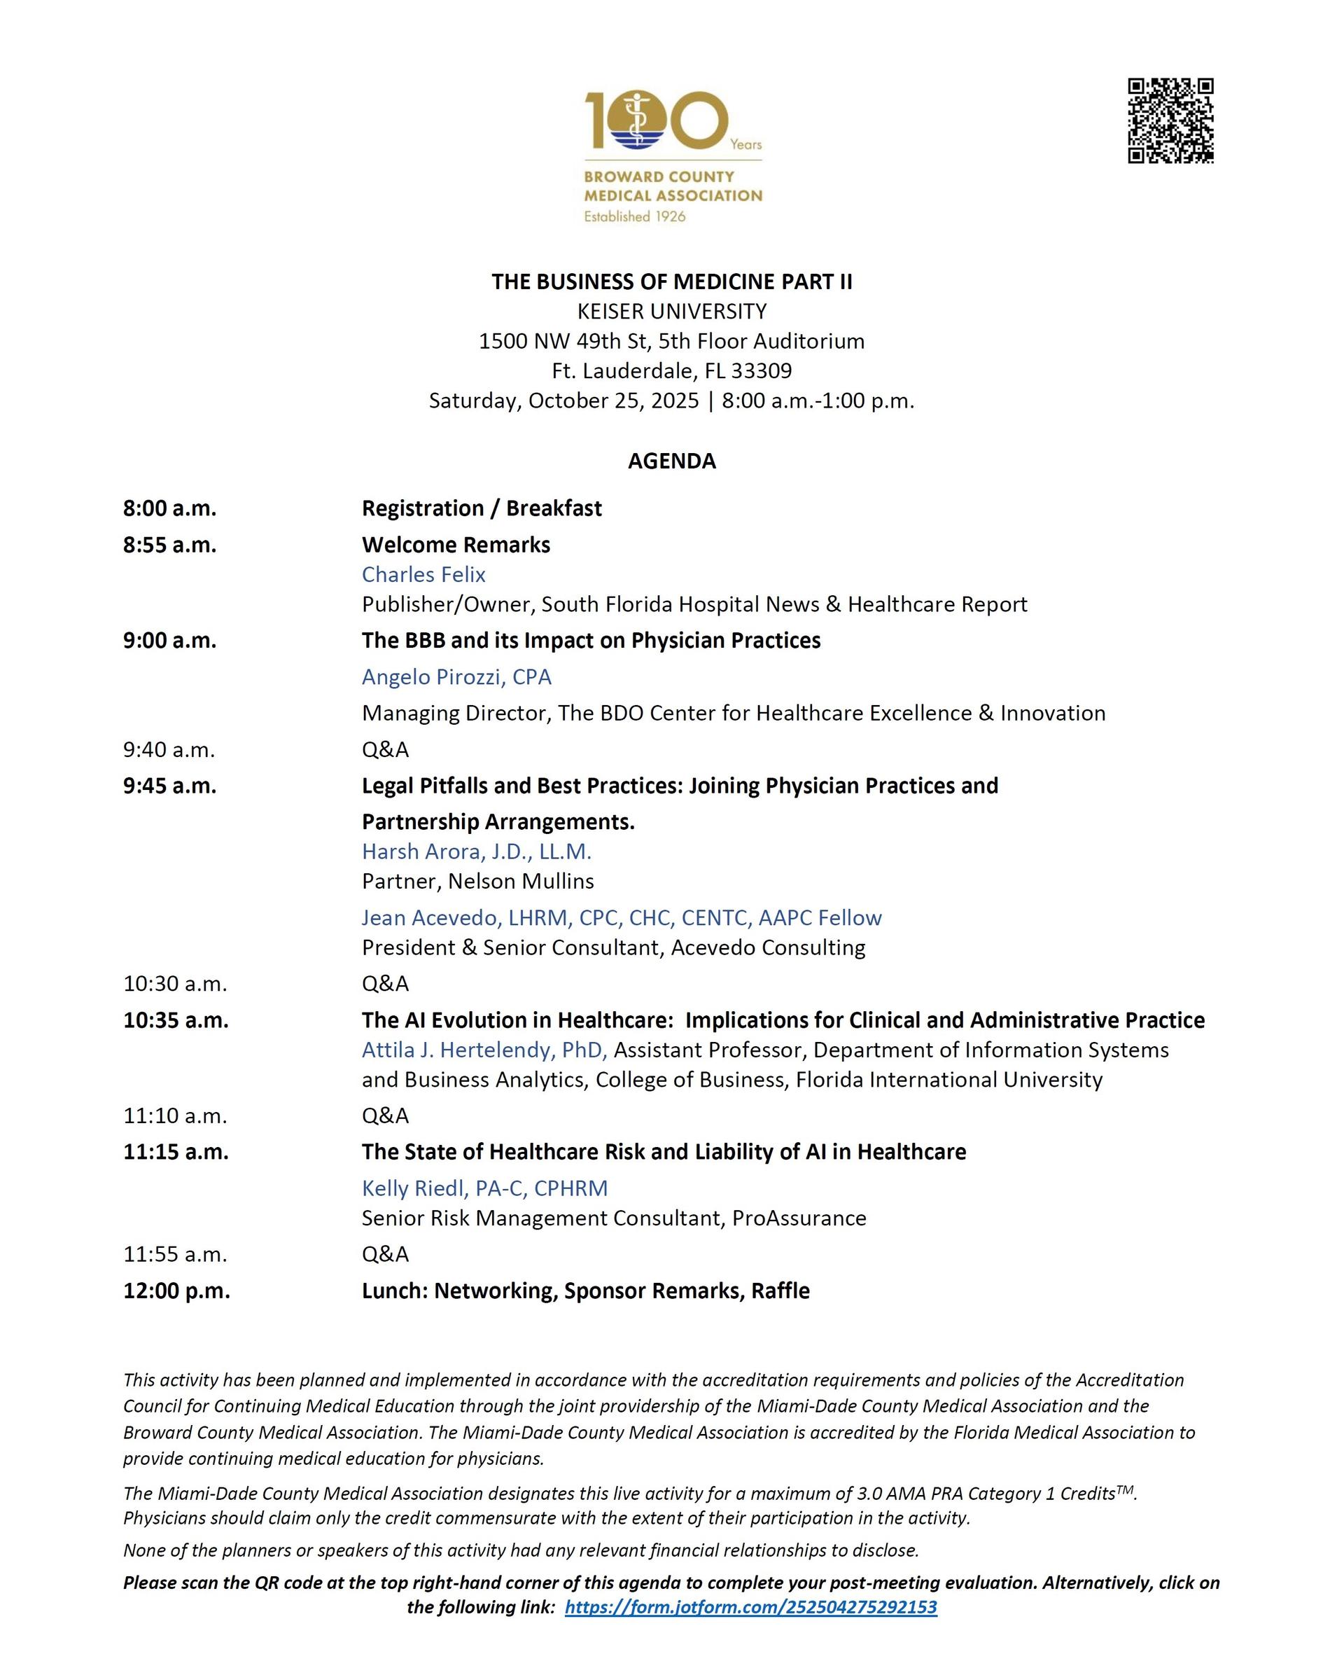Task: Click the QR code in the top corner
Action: click(x=1170, y=121)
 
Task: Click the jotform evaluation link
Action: click(x=750, y=1607)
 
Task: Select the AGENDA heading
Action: click(x=671, y=461)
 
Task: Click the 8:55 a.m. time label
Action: click(x=169, y=545)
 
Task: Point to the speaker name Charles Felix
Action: click(x=423, y=575)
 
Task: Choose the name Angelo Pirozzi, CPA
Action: click(x=456, y=677)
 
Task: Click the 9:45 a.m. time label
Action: click(x=169, y=786)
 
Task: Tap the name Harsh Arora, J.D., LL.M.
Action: click(x=476, y=852)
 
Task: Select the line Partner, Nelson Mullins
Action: click(x=477, y=881)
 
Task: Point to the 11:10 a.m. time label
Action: click(x=175, y=1116)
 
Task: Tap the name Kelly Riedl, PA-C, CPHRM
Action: click(x=484, y=1188)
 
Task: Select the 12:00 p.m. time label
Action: click(x=176, y=1291)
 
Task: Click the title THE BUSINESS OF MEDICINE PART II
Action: click(x=671, y=282)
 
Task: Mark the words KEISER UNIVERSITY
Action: click(x=671, y=312)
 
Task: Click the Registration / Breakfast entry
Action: click(x=482, y=509)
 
